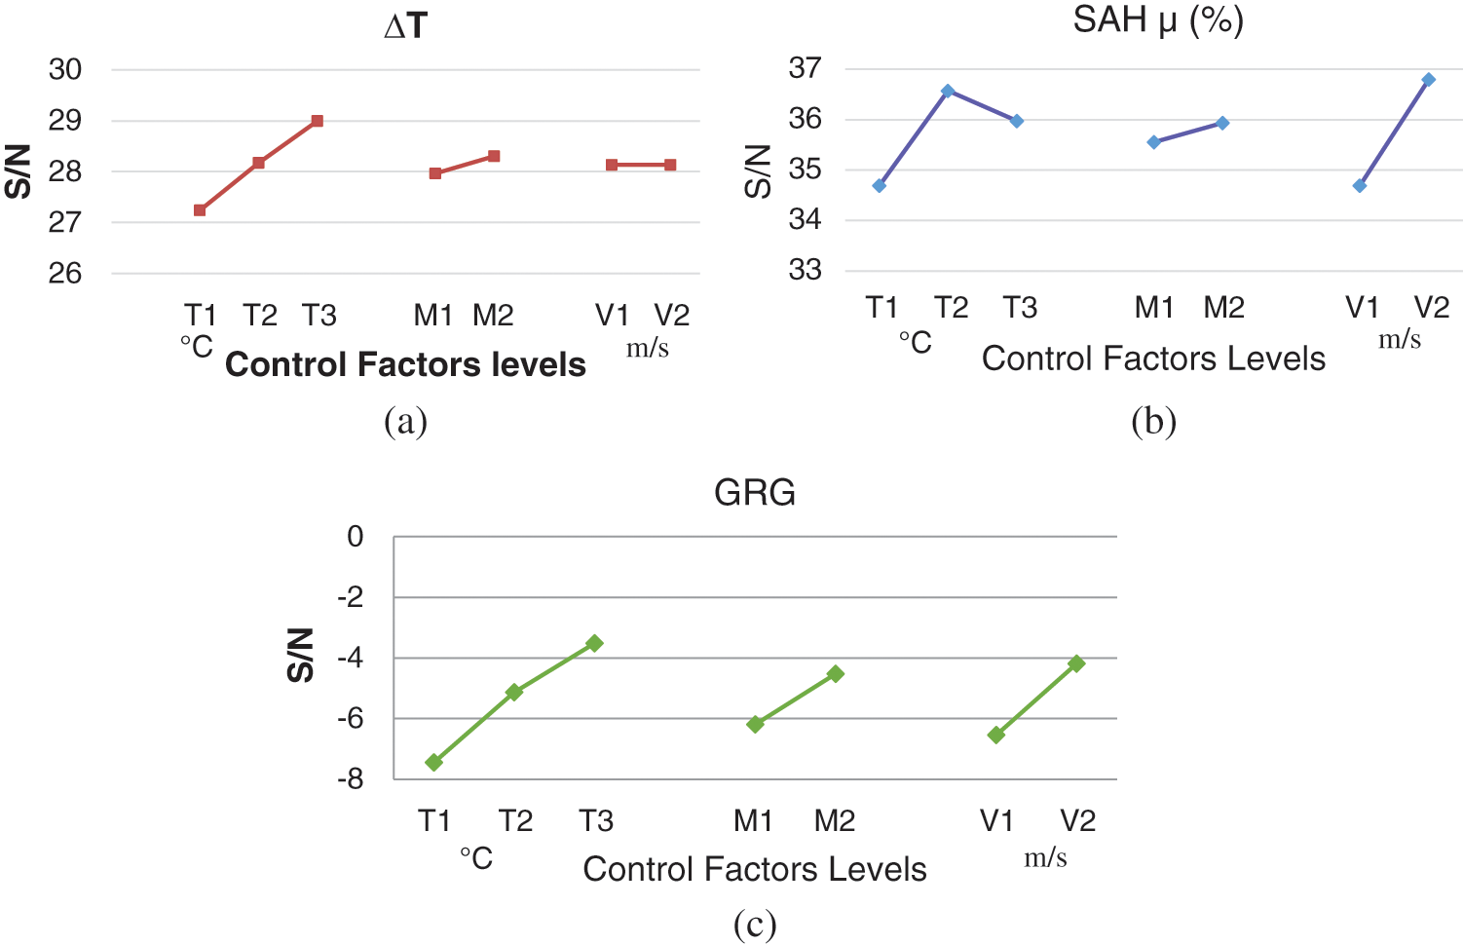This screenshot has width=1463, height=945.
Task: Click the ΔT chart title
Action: click(x=406, y=26)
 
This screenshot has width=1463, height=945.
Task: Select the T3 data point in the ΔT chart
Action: click(x=318, y=121)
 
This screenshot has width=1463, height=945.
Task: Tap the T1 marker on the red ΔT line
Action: click(x=200, y=210)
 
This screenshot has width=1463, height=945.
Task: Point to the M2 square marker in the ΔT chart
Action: click(x=494, y=156)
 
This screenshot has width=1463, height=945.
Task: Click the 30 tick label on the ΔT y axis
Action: click(x=65, y=69)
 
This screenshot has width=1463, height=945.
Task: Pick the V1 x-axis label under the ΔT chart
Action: click(x=613, y=315)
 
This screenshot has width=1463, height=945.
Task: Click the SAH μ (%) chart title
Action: click(x=1158, y=19)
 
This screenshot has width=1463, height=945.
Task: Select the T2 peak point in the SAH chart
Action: click(x=948, y=91)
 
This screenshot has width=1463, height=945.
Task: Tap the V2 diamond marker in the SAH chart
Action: click(x=1428, y=79)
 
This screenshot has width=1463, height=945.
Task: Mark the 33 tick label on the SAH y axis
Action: click(x=805, y=270)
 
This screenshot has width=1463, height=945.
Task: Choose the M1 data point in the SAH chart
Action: click(x=1154, y=142)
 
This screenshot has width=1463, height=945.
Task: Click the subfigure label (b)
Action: click(x=1154, y=421)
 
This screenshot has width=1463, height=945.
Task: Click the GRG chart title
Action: click(x=755, y=493)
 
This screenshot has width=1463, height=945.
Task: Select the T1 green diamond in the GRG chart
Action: click(x=434, y=762)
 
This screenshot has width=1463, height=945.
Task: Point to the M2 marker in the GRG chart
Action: click(x=835, y=673)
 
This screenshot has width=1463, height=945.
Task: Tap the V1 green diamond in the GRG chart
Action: click(x=996, y=735)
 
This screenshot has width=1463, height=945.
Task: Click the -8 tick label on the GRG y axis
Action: click(x=351, y=779)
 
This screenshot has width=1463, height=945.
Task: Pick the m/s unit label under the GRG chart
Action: click(x=1045, y=857)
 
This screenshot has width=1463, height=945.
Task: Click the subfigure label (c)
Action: click(x=755, y=924)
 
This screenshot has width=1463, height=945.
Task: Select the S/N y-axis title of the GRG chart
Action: click(x=301, y=655)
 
